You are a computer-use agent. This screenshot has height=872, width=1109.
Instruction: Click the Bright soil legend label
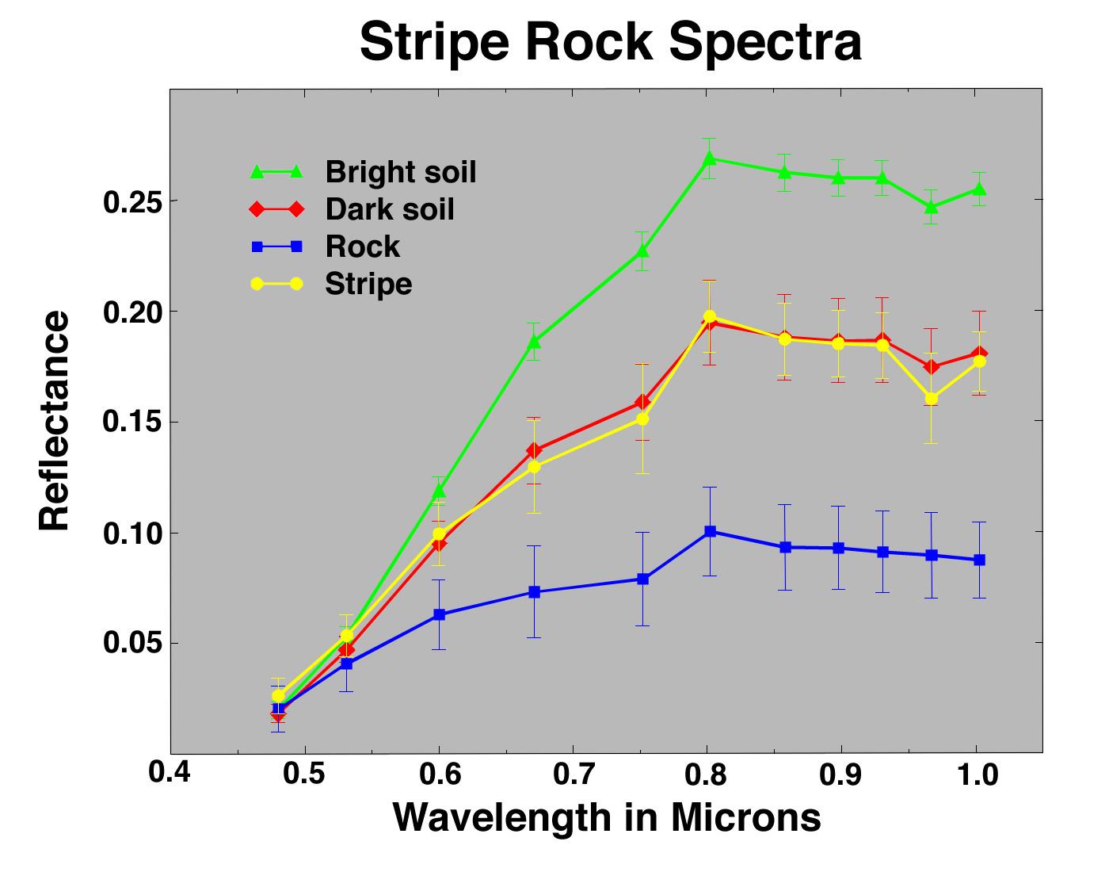click(x=401, y=171)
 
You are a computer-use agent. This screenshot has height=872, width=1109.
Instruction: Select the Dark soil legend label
click(x=390, y=209)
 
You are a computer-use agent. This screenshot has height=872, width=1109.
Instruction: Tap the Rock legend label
click(x=362, y=247)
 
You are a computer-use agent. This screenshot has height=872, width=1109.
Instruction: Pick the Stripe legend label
click(x=368, y=284)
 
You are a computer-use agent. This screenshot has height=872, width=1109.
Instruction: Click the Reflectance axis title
click(x=55, y=421)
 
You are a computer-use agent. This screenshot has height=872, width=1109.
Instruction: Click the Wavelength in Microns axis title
click(x=607, y=817)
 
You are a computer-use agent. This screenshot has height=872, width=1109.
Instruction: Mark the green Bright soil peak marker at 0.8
click(x=710, y=159)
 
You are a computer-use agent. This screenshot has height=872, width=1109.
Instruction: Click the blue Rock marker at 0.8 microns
click(x=711, y=531)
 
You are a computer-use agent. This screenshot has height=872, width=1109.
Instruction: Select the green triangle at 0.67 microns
click(x=534, y=342)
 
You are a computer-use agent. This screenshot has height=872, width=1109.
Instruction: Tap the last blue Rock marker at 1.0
click(x=979, y=560)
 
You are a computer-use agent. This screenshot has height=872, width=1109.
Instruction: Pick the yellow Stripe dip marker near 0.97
click(x=932, y=399)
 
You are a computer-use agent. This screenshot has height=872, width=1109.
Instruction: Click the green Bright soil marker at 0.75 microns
click(x=643, y=251)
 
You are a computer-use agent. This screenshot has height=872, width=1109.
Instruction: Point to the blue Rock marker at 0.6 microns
click(x=439, y=614)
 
